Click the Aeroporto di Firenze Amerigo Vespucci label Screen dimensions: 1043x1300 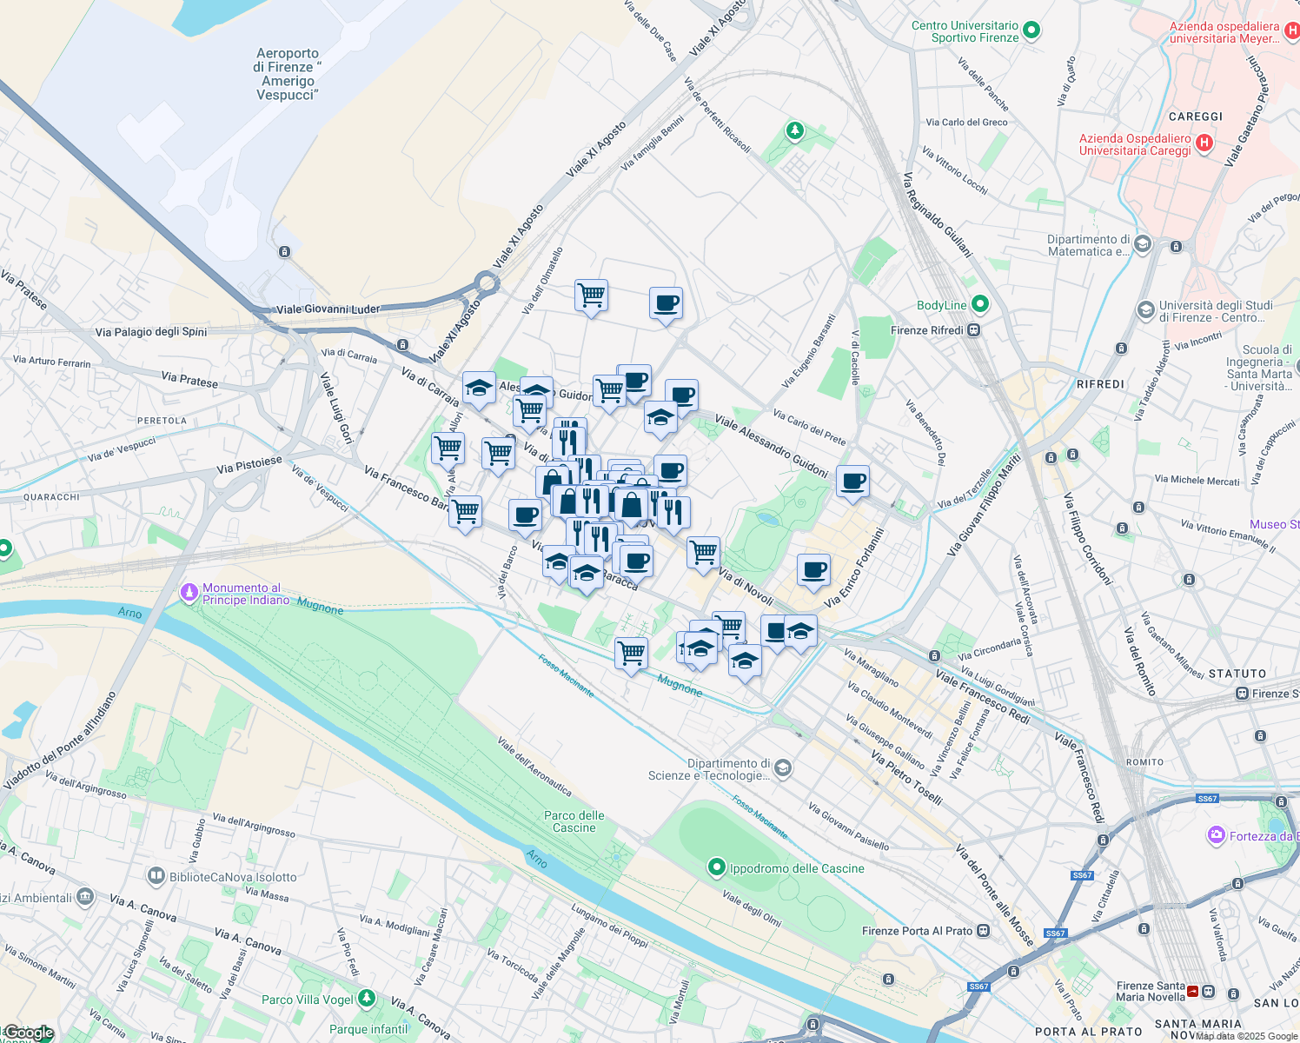288,74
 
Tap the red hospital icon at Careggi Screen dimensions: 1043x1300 1204,143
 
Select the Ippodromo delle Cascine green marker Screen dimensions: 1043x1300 716,867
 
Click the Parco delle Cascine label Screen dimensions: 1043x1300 574,821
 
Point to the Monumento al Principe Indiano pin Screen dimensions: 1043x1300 189,593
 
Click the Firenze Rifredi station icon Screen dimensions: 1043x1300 974,330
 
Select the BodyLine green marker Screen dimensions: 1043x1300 980,304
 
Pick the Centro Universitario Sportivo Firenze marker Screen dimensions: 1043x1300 1031,30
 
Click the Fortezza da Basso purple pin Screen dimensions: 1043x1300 1216,835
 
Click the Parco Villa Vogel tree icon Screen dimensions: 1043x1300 367,998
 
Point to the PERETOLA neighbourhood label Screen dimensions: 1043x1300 162,421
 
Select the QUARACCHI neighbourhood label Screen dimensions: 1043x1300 51,497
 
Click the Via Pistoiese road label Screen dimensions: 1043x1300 249,465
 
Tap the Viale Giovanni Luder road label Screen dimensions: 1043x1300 328,309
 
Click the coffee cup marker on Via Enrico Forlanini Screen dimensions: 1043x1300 813,571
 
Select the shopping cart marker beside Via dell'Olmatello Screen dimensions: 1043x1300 591,296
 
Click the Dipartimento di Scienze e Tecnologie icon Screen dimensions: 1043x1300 782,767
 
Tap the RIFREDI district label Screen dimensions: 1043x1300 1100,384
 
